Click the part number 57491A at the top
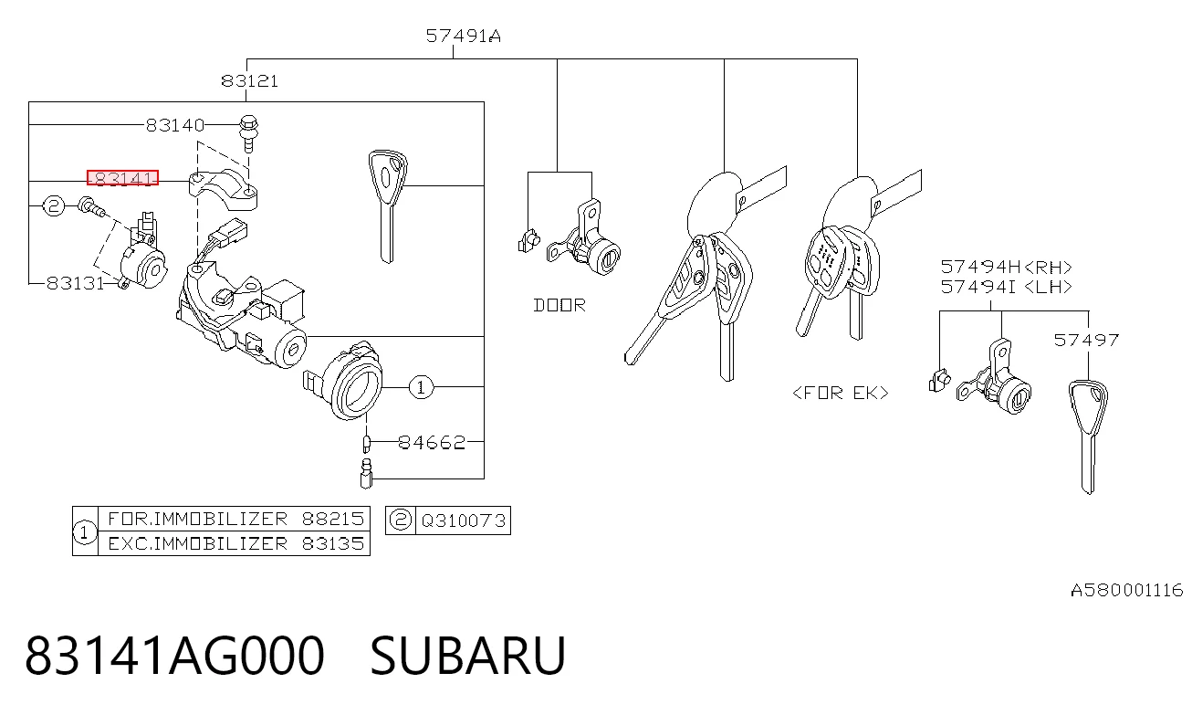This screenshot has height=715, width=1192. point(463,36)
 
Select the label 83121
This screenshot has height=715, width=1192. point(249,81)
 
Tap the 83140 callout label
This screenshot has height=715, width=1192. point(175,125)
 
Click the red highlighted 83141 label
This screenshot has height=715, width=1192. point(123,178)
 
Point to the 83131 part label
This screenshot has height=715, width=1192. point(76,283)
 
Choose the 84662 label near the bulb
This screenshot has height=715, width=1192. point(432,442)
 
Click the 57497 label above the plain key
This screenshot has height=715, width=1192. point(1086,340)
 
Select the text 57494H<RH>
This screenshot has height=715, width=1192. point(1006,267)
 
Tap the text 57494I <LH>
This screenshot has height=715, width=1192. point(1006,287)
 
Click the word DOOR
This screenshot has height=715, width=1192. point(559,305)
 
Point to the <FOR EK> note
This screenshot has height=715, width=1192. point(841,393)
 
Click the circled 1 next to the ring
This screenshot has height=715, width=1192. point(421,387)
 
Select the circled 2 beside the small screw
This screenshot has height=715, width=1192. point(53,205)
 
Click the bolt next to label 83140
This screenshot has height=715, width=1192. point(249,132)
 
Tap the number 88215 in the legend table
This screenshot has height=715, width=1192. point(333,519)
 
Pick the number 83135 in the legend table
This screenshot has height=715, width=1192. point(333,543)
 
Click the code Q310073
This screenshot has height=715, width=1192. point(463,520)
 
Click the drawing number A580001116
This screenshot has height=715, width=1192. point(1126,590)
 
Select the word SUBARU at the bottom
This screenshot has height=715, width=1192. point(467,655)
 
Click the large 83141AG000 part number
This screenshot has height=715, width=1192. point(174,655)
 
